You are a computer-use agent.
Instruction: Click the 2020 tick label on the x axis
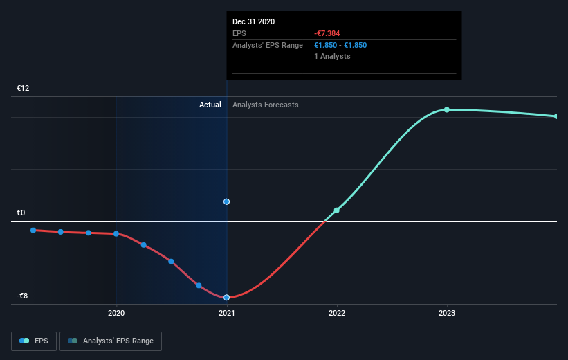[116, 313]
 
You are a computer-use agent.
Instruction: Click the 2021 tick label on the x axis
[226, 313]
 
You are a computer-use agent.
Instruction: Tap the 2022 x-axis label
[337, 313]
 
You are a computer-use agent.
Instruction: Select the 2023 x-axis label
[447, 313]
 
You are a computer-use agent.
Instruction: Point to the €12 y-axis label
[23, 88]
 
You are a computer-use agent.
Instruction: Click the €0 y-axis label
[21, 213]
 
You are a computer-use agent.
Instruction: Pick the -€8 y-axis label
[22, 296]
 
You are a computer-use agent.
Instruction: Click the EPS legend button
[34, 341]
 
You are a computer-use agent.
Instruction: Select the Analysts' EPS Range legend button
[111, 341]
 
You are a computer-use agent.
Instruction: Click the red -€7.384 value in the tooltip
[327, 33]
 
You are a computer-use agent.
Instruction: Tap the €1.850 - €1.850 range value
[340, 45]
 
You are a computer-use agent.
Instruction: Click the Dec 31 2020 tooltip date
[254, 21]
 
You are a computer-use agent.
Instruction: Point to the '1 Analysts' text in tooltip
[332, 56]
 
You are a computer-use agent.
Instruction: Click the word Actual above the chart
[210, 105]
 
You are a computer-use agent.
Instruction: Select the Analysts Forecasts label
[266, 105]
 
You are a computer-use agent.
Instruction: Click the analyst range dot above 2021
[226, 201]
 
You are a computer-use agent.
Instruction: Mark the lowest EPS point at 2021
[226, 297]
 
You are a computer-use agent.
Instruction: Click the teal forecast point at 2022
[336, 210]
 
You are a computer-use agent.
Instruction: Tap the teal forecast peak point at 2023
[447, 110]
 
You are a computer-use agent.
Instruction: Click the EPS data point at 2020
[116, 234]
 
